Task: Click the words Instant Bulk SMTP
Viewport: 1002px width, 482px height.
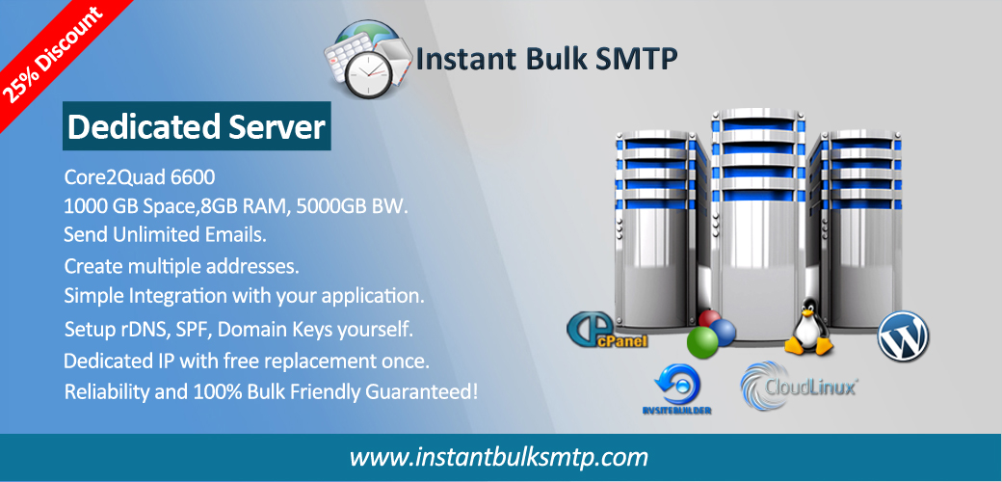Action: tap(546, 59)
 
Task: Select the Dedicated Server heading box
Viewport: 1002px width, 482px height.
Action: tap(197, 126)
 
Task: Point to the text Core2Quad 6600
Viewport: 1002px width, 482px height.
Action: tap(140, 176)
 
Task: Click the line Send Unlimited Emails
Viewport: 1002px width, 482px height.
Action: tap(165, 234)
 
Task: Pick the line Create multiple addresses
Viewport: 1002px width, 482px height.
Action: tap(181, 265)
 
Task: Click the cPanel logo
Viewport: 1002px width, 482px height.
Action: tap(607, 330)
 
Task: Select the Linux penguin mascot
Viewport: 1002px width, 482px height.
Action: tap(809, 327)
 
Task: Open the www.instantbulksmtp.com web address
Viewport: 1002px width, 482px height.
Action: tap(499, 458)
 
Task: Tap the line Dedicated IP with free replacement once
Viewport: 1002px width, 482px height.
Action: tap(246, 361)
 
